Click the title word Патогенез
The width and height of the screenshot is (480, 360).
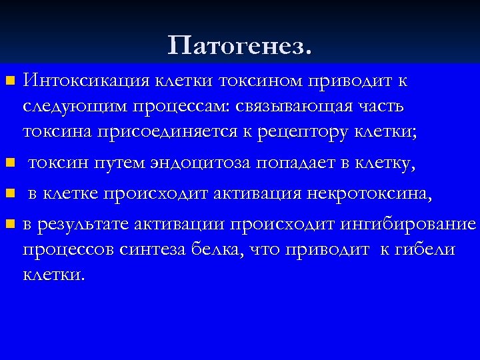tap(239, 46)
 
